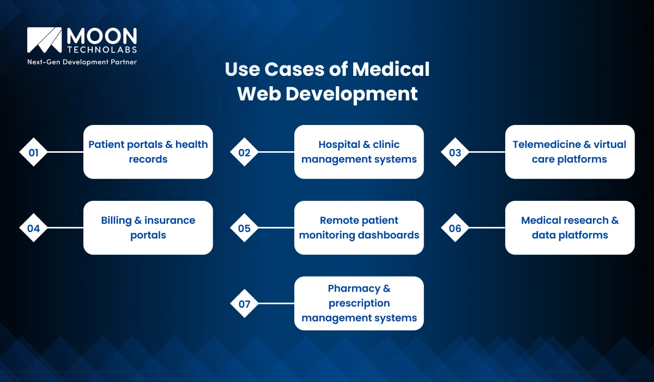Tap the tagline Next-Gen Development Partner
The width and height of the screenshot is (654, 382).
pyautogui.click(x=82, y=62)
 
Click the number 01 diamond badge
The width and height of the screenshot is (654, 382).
pyautogui.click(x=34, y=152)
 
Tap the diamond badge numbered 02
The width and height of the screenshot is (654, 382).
pyautogui.click(x=244, y=152)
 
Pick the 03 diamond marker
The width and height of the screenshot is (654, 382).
pyautogui.click(x=455, y=152)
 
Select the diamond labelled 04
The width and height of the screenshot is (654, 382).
pyautogui.click(x=34, y=228)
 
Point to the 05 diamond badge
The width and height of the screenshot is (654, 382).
pyautogui.click(x=244, y=228)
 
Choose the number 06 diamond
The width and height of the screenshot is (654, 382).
pyautogui.click(x=455, y=228)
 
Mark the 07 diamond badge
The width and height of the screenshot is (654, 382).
pyautogui.click(x=244, y=303)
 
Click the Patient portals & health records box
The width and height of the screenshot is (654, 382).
pyautogui.click(x=148, y=152)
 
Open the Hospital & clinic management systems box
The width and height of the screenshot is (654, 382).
pyautogui.click(x=359, y=152)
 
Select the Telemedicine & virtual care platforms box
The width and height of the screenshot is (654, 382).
pyautogui.click(x=570, y=152)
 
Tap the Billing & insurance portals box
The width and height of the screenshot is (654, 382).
pyautogui.click(x=148, y=228)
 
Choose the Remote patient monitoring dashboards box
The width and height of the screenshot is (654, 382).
pyautogui.click(x=359, y=228)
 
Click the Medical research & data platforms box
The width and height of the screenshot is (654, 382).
pyautogui.click(x=570, y=228)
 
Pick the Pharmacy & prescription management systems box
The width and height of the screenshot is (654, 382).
pyautogui.click(x=359, y=303)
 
